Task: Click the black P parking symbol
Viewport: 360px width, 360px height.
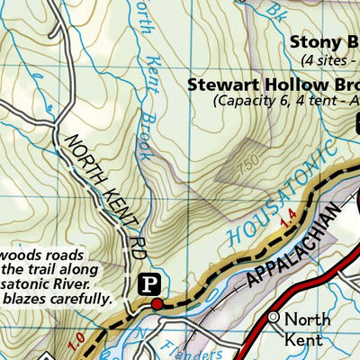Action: [x=152, y=285]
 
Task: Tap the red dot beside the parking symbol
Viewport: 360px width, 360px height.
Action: [x=157, y=303]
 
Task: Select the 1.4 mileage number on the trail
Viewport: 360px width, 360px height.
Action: [x=287, y=217]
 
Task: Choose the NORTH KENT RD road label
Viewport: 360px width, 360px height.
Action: [x=103, y=184]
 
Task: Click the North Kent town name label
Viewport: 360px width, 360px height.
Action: [x=307, y=329]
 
